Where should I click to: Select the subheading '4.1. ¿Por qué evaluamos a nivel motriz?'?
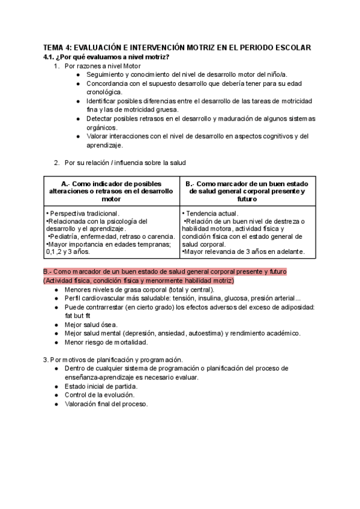(x=106, y=56)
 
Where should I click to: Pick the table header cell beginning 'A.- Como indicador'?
(x=112, y=191)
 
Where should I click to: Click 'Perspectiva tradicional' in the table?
(x=84, y=213)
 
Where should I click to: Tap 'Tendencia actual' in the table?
(x=214, y=213)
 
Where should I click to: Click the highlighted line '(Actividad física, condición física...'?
(x=139, y=280)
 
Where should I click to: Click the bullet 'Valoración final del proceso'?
(x=106, y=404)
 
